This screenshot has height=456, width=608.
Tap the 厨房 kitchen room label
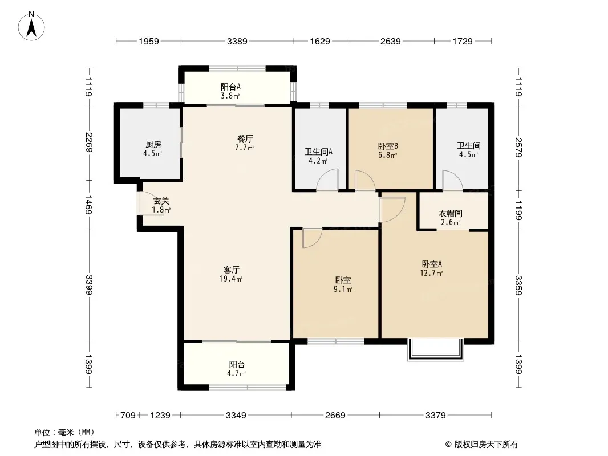click(153, 149)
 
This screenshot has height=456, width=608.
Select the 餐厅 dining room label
click(245, 143)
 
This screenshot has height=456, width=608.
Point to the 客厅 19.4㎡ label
click(231, 274)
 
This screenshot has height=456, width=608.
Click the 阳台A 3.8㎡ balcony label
click(230, 91)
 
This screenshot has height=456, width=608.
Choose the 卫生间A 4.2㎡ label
click(318, 156)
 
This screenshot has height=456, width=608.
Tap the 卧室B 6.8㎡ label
click(388, 150)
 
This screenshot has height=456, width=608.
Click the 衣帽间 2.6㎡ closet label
click(450, 218)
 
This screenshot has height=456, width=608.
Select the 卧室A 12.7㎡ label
click(432, 268)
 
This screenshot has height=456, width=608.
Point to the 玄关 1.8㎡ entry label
click(161, 205)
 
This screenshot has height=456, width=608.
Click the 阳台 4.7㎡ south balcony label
click(237, 369)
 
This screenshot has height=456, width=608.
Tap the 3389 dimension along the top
click(237, 41)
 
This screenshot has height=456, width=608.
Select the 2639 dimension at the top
click(390, 41)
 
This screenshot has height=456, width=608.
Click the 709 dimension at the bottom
click(128, 416)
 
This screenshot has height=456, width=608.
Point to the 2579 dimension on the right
click(518, 147)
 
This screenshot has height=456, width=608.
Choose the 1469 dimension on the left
click(89, 205)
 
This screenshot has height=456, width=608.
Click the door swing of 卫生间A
click(327, 180)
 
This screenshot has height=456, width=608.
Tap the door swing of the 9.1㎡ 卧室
click(312, 238)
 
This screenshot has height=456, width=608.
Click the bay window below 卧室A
click(435, 350)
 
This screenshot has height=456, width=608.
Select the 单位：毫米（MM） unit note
click(64, 432)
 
